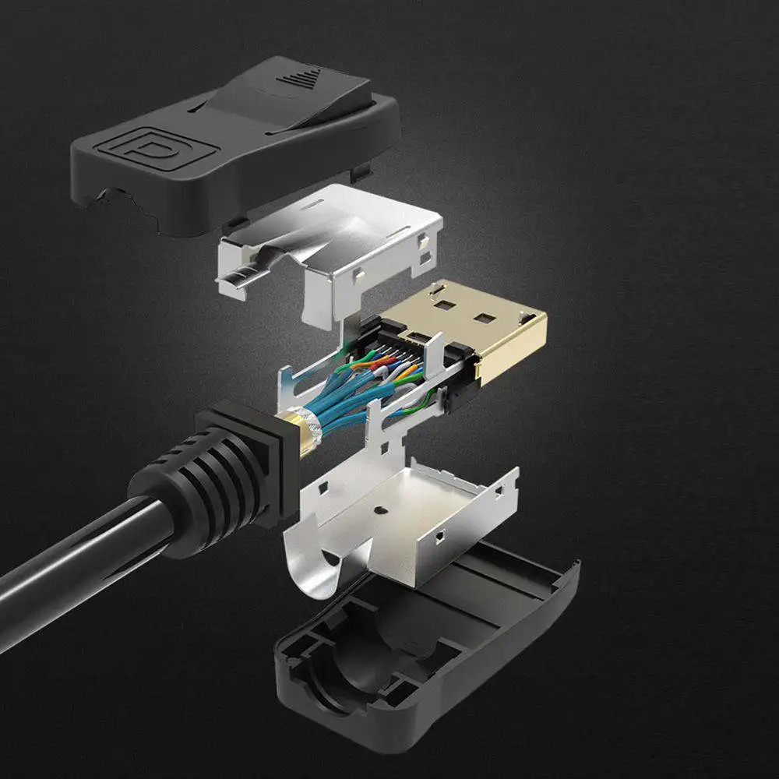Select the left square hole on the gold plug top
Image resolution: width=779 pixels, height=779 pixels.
[442, 298]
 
